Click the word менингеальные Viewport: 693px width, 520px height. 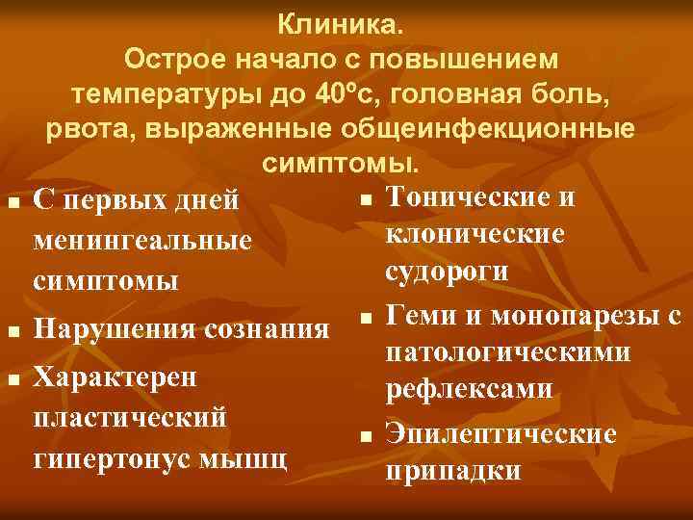141,241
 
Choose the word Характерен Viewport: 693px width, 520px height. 115,377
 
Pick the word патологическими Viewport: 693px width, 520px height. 508,352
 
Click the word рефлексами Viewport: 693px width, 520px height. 469,391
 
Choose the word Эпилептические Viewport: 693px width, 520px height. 500,435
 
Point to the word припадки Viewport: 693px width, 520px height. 451,472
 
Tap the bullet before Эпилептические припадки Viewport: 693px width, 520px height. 366,436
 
